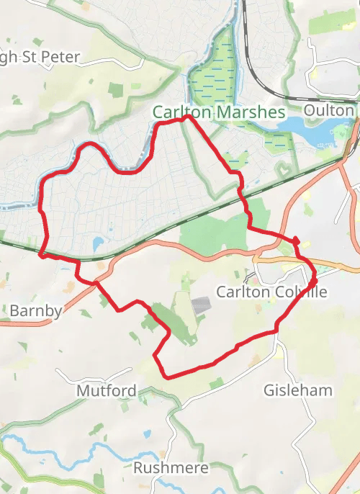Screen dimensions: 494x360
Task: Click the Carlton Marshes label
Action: [x=219, y=113]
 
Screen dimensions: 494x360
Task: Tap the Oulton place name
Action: [x=329, y=111]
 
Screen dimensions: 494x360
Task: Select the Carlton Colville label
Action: [x=271, y=292]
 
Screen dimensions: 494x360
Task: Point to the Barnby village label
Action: [x=35, y=311]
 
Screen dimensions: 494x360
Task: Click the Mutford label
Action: [x=106, y=391]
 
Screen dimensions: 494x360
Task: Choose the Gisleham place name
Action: [x=298, y=390]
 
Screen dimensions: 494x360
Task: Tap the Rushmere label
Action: [x=171, y=468]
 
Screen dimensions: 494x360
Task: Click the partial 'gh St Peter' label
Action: [x=40, y=57]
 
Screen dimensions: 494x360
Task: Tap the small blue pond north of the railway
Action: [x=99, y=244]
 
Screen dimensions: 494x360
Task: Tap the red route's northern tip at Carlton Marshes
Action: [x=187, y=116]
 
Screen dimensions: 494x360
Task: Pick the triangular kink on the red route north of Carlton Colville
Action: [x=295, y=239]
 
